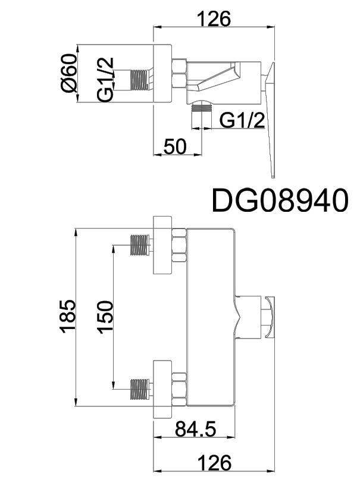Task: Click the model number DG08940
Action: point(280,201)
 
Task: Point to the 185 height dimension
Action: point(69,315)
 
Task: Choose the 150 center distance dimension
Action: point(104,315)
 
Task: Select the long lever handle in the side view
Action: point(270,119)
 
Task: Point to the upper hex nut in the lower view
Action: point(179,245)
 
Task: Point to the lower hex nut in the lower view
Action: point(179,387)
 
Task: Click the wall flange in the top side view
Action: point(163,73)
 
